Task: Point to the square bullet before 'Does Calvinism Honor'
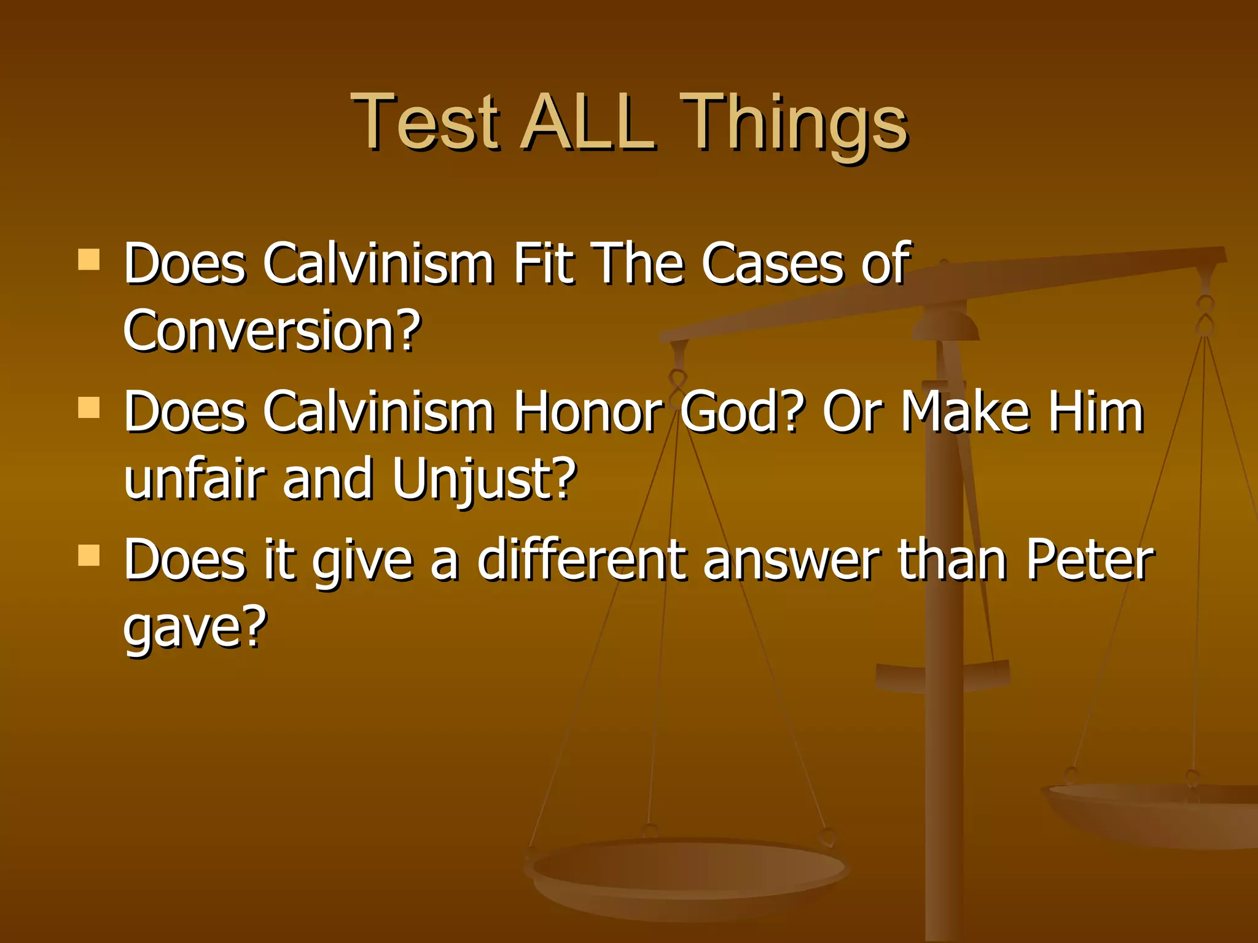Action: pyautogui.click(x=89, y=407)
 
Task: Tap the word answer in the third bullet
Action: pyautogui.click(x=792, y=561)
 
